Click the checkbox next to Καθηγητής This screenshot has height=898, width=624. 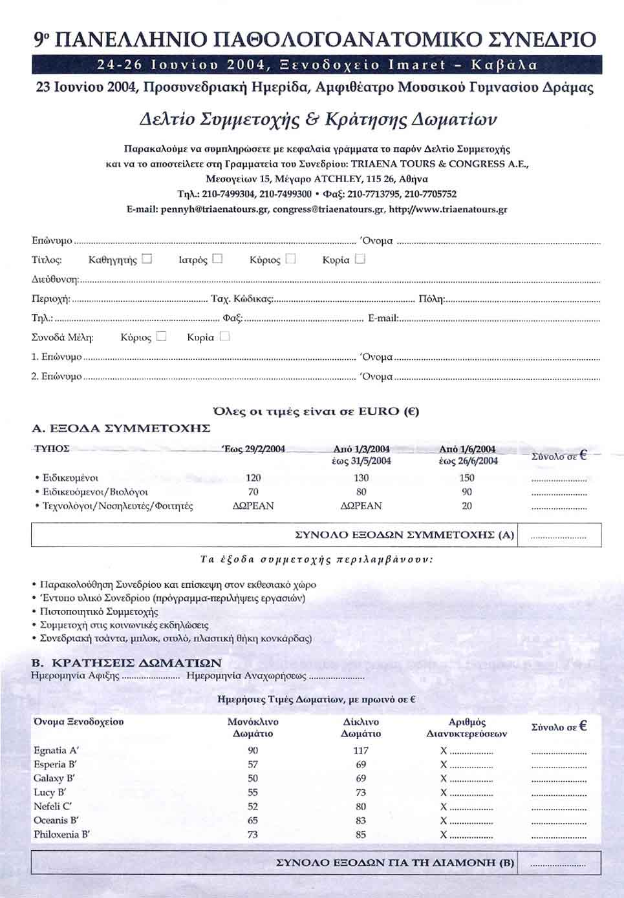[x=147, y=259]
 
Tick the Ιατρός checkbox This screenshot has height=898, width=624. [x=217, y=259]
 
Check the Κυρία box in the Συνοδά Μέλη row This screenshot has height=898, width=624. [x=224, y=337]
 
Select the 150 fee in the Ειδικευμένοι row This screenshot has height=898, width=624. [x=466, y=478]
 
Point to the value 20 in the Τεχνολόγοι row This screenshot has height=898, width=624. [x=466, y=506]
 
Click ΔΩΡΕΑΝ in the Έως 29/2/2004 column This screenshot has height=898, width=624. [x=253, y=506]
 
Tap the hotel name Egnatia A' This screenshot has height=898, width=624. [x=56, y=751]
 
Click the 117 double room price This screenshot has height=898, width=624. [x=361, y=751]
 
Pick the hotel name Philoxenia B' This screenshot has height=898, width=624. [x=61, y=835]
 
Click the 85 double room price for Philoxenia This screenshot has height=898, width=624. [x=361, y=835]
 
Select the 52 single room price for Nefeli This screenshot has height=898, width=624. [x=253, y=806]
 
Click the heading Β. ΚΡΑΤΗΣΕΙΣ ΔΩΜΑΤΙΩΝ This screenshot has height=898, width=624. [x=127, y=663]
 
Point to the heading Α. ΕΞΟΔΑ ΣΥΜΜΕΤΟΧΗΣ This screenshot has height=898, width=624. [x=122, y=428]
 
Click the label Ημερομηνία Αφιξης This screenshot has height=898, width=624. [x=75, y=676]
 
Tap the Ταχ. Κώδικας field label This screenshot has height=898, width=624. [x=242, y=299]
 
